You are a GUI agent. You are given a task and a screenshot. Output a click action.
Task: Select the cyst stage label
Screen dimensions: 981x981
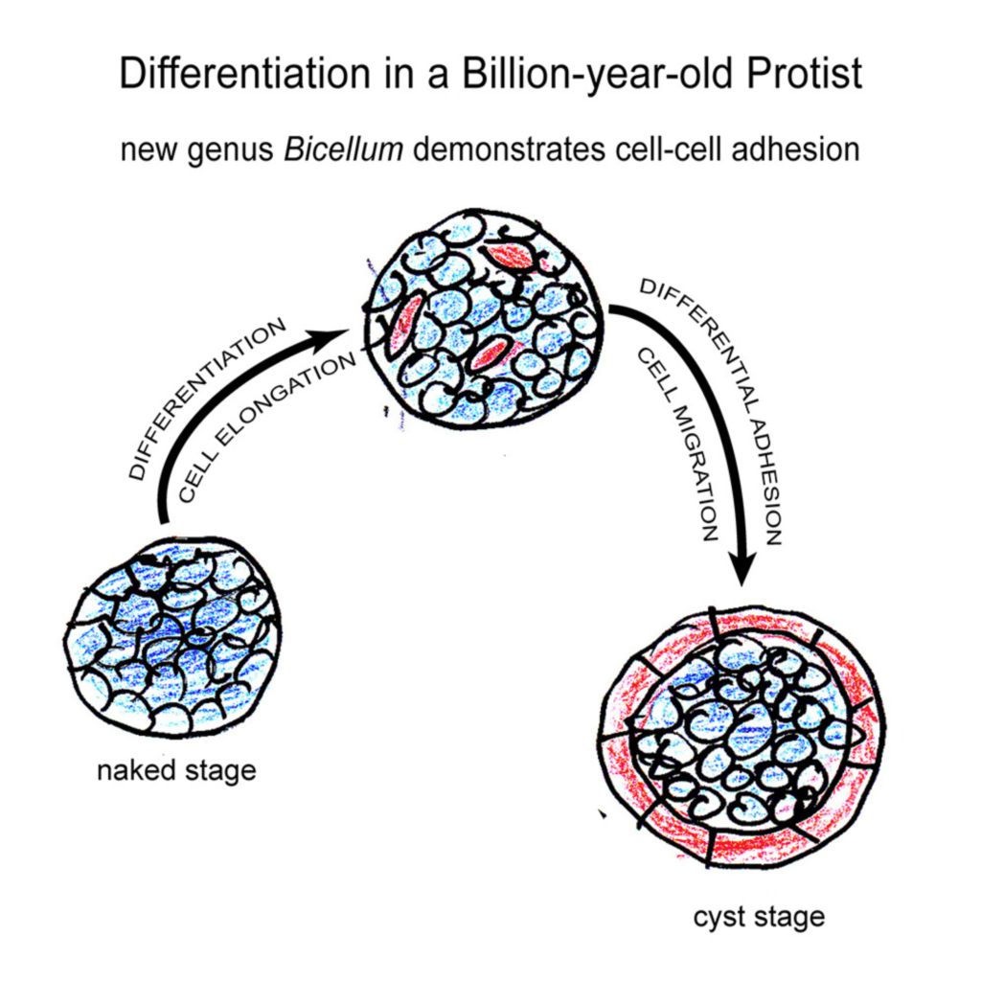[x=759, y=917]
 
